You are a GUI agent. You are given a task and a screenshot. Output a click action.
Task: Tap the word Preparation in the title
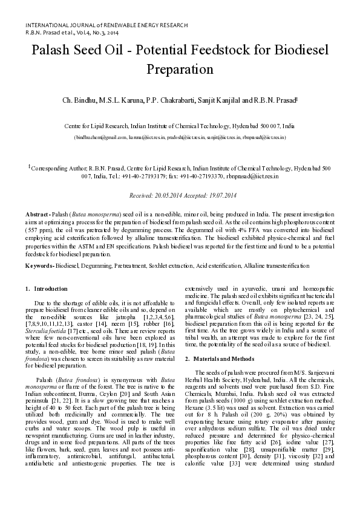180,69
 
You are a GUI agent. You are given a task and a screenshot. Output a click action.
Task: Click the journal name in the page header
106,25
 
